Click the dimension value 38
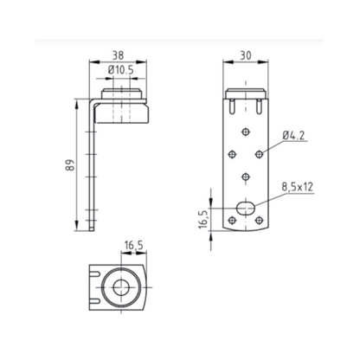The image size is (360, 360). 118,55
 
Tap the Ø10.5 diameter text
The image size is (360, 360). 121,69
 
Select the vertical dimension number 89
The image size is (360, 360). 70,165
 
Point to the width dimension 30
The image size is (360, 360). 246,55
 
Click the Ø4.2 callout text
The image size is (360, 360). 293,135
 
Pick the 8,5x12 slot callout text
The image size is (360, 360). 297,187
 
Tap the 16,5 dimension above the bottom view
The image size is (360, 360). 133,246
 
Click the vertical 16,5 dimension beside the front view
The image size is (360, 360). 203,220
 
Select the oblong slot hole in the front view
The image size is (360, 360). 246,208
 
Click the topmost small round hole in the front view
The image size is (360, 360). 246,132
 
